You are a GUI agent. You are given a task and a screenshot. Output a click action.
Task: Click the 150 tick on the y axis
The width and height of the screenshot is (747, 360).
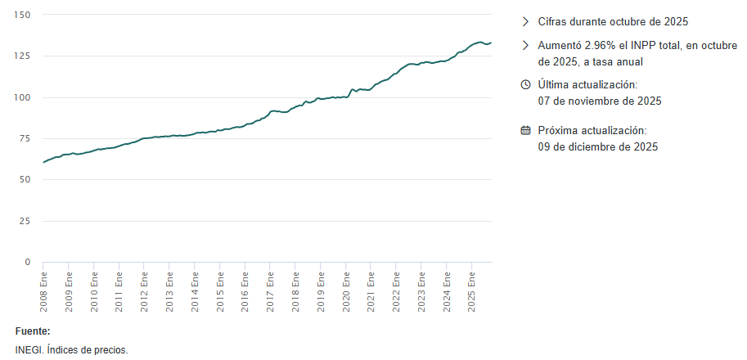click(x=21, y=15)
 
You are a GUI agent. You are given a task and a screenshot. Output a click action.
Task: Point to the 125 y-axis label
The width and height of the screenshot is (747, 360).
click(x=21, y=56)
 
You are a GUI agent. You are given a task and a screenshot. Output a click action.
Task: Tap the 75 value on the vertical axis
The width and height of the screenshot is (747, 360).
click(x=24, y=138)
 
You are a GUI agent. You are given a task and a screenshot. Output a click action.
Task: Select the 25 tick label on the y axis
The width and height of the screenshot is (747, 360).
click(x=24, y=221)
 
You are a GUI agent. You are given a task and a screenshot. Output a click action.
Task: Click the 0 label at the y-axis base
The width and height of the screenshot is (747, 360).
click(x=27, y=262)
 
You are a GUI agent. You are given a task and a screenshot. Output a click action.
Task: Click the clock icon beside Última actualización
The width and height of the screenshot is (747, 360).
click(x=526, y=85)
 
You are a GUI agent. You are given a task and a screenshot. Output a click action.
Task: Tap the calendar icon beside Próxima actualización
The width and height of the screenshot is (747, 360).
click(x=526, y=131)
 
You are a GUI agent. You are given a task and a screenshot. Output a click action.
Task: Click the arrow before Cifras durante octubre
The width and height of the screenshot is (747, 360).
click(x=526, y=22)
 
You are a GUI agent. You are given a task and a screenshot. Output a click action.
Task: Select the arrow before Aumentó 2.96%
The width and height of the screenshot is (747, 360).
click(x=526, y=45)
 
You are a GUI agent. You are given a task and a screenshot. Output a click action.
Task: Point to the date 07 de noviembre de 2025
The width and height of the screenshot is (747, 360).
click(x=599, y=101)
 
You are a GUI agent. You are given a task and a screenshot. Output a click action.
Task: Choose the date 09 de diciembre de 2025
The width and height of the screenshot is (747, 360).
click(x=597, y=147)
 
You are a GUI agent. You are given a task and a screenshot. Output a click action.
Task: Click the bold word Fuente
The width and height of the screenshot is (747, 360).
click(x=33, y=331)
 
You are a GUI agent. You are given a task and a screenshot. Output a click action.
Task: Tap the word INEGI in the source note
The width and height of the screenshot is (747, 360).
click(x=28, y=350)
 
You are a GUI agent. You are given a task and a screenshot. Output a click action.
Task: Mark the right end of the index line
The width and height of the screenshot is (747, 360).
click(x=491, y=43)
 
